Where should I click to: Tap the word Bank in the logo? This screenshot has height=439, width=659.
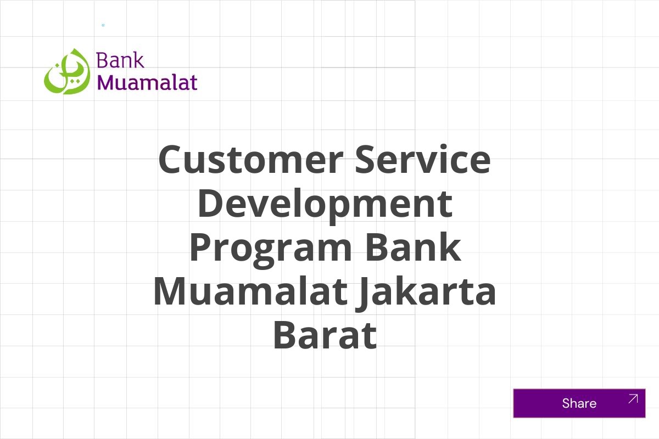120,60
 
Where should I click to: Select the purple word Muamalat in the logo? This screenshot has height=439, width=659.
147,82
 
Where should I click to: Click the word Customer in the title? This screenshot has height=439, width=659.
248,159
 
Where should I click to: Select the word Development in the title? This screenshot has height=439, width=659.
325,203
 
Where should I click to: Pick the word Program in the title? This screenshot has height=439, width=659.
270,248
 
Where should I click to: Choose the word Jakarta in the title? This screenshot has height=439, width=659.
426,291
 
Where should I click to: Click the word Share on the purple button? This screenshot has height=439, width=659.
579,403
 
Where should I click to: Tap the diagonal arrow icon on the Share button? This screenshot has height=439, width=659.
633,399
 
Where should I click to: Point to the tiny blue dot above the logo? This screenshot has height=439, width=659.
103,25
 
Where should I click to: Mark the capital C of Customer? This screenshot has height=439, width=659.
171,159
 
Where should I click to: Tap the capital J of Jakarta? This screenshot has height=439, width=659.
362,292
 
